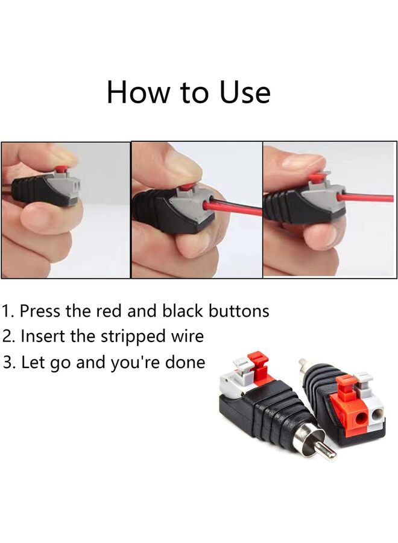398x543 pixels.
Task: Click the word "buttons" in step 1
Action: (x=239, y=311)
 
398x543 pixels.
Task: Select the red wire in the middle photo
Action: (x=238, y=208)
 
